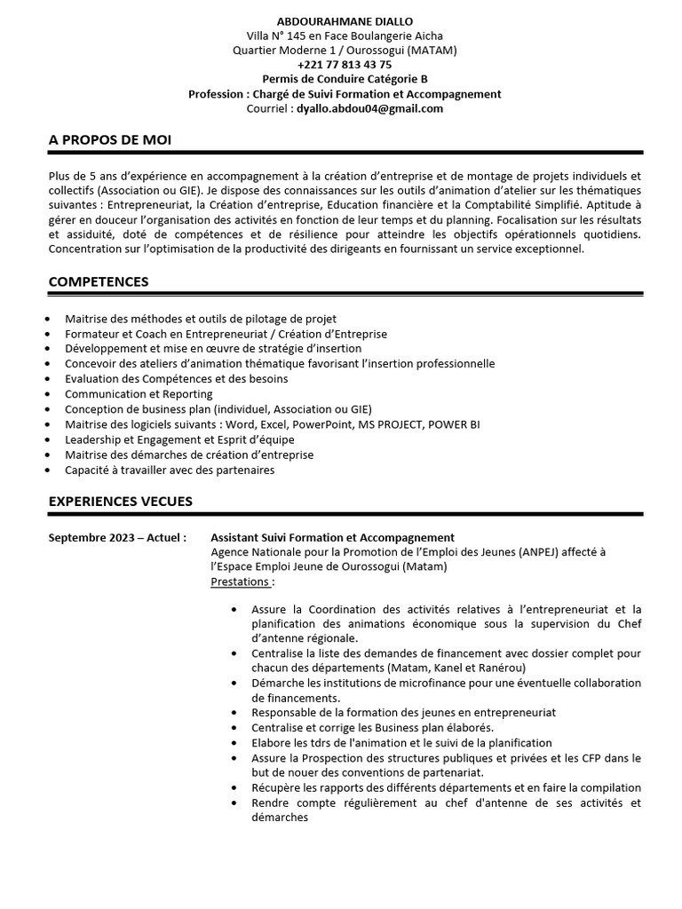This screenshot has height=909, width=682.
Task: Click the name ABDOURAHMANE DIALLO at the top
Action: click(345, 20)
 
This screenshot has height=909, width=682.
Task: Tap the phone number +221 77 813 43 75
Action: click(345, 65)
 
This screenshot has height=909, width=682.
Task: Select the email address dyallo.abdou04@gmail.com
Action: click(369, 108)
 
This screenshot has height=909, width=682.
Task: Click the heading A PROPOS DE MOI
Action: click(110, 140)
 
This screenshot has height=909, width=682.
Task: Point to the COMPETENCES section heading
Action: click(99, 281)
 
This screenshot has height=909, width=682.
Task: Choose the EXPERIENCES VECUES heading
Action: click(120, 502)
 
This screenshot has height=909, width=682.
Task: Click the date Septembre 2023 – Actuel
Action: click(117, 538)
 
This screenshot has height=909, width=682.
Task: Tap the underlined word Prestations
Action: click(241, 581)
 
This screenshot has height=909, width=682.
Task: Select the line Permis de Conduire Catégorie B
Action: click(345, 79)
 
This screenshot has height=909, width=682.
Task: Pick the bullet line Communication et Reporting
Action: click(139, 393)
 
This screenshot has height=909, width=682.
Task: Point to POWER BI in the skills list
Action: click(454, 424)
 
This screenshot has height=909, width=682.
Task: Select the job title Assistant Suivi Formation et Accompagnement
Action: click(332, 538)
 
